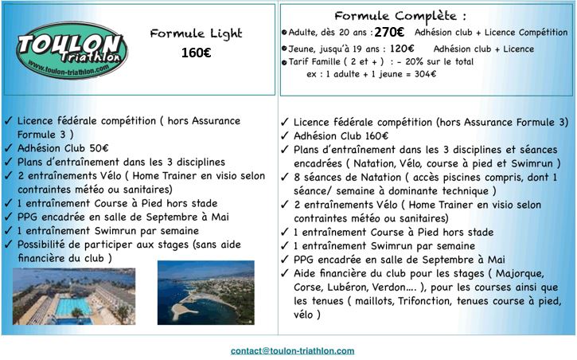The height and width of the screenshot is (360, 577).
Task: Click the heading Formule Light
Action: (196, 33)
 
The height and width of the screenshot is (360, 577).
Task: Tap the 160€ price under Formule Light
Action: (196, 53)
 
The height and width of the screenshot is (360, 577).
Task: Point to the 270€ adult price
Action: (389, 33)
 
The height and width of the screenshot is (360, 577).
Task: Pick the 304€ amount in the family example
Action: (423, 74)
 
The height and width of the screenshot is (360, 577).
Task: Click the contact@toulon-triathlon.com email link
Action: (293, 350)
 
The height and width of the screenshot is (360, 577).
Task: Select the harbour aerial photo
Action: (206, 292)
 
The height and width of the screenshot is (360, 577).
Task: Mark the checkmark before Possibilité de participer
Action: (8, 244)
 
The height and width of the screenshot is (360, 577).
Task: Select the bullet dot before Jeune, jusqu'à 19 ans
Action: (285, 49)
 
